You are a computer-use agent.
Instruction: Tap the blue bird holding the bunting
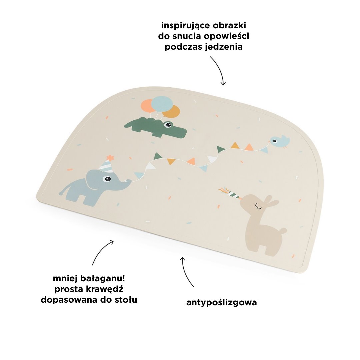(x=279, y=142)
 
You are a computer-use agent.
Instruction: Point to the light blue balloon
(x=162, y=104)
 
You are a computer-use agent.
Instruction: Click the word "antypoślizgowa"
(x=221, y=303)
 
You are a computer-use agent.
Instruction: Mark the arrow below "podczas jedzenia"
(x=218, y=70)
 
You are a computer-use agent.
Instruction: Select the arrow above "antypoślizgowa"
(x=187, y=271)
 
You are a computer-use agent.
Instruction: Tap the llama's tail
(x=283, y=231)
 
